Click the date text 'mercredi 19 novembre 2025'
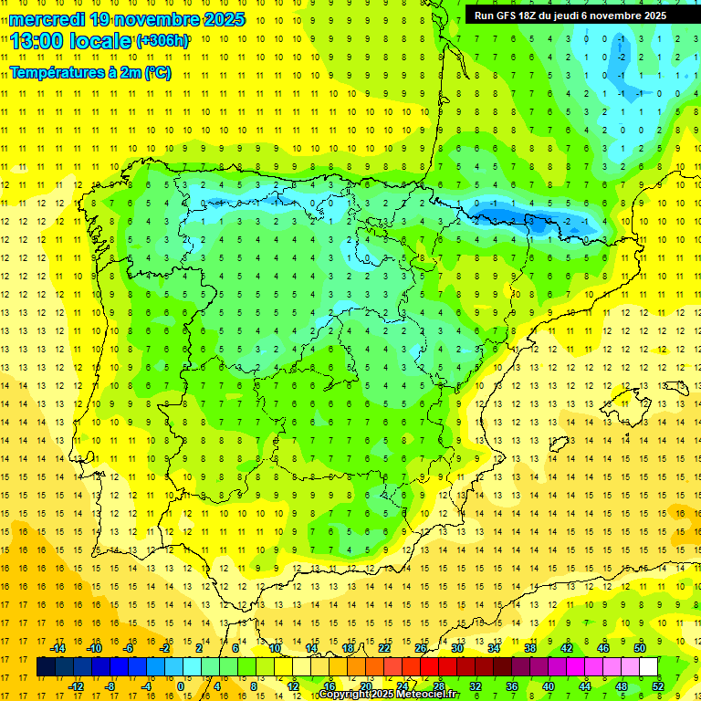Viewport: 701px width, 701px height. click(128, 19)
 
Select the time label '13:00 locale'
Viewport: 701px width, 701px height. click(71, 41)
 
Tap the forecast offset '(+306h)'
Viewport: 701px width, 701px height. click(162, 41)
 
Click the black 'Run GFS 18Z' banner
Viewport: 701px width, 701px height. click(570, 16)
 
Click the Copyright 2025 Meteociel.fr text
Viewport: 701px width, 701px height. click(389, 695)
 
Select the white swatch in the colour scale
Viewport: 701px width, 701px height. click(648, 667)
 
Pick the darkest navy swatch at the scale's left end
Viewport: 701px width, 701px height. click(46, 667)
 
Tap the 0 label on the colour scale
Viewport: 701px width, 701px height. click(181, 685)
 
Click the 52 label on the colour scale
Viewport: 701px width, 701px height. click(658, 685)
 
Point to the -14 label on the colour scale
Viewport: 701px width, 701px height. click(58, 648)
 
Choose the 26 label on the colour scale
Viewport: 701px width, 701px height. click(420, 648)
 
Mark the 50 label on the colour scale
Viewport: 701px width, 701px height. click(640, 648)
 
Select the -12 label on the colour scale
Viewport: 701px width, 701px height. click(76, 685)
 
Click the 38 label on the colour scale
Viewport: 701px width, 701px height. click(529, 648)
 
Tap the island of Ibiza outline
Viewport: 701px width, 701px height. click(559, 445)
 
